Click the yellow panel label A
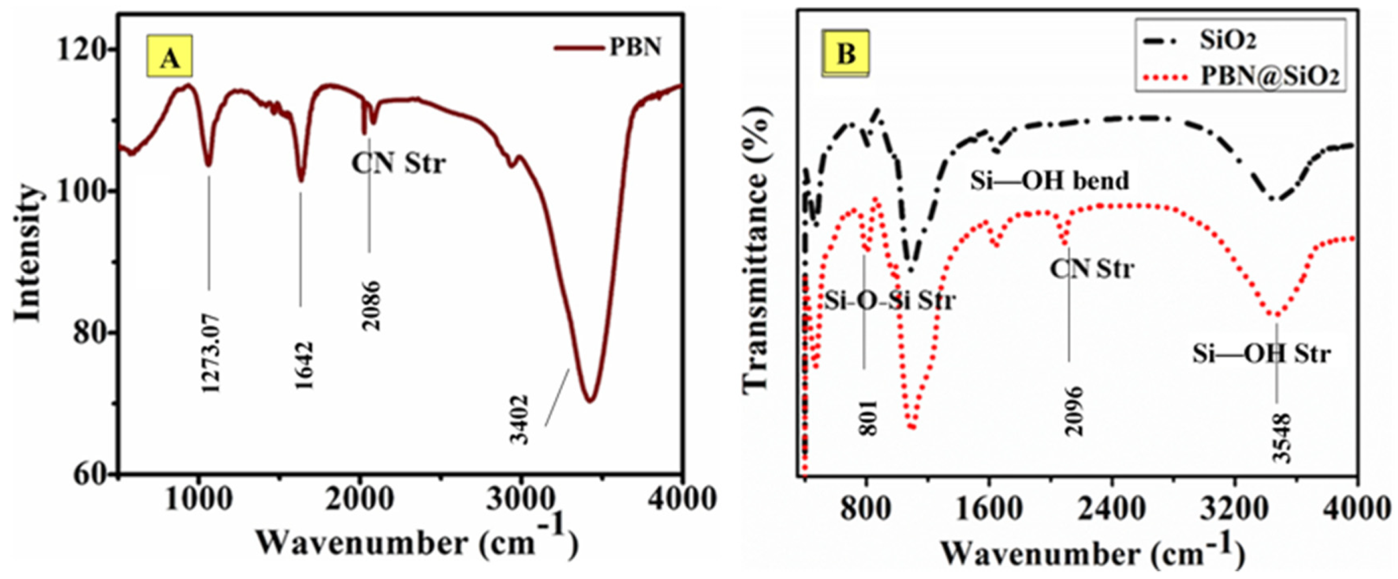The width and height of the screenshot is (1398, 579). click(169, 57)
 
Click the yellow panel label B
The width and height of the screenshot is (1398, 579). click(845, 54)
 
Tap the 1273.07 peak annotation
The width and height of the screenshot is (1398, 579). click(211, 353)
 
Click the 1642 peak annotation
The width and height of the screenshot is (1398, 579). click(304, 366)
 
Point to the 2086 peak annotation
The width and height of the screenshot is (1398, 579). click(371, 306)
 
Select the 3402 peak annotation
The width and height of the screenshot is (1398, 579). click(519, 420)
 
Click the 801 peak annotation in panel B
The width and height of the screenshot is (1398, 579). click(868, 417)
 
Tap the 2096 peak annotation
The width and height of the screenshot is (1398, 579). click(1074, 412)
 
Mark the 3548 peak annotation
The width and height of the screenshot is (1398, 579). click(1281, 438)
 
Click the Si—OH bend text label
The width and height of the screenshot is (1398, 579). click(1049, 181)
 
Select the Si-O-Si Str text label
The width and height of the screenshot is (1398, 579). click(889, 300)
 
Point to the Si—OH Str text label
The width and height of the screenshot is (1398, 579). click(1261, 353)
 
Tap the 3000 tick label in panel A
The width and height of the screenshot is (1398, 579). click(520, 499)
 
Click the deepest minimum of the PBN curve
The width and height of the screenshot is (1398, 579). click(590, 401)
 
